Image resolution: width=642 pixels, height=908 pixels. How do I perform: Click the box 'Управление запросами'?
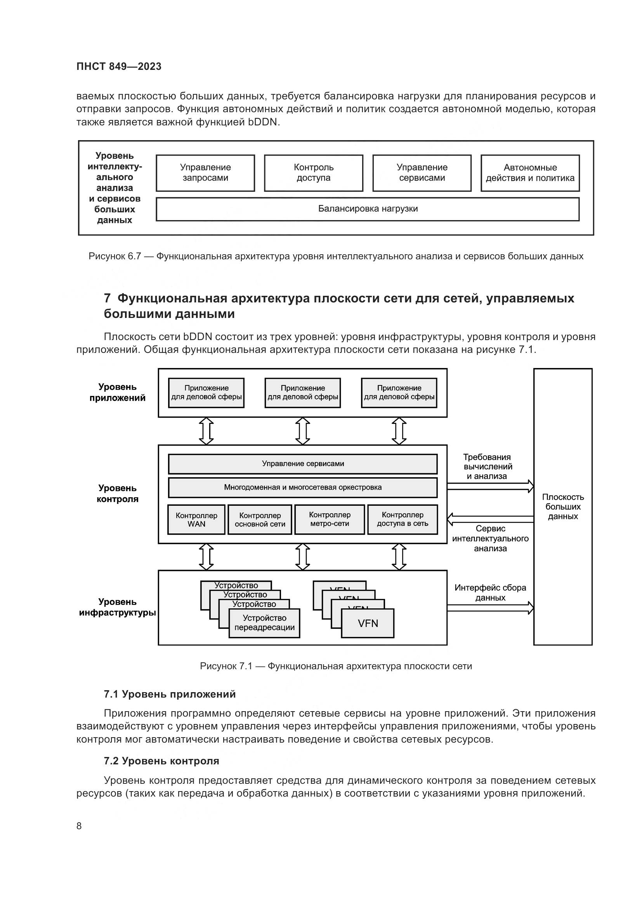[205, 173]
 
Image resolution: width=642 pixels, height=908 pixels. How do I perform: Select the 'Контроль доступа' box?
[314, 173]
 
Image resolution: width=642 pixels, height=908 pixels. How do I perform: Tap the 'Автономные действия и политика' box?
[530, 173]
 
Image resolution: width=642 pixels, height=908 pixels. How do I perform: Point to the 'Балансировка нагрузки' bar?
[368, 209]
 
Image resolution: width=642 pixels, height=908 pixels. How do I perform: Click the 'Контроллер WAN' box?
[196, 520]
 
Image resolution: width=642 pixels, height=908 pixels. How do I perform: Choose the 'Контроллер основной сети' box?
[260, 520]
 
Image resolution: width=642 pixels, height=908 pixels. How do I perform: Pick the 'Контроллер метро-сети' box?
[330, 519]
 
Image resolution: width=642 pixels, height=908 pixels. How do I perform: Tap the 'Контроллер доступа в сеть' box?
[403, 519]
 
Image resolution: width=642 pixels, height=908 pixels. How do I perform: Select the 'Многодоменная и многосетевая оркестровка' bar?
[303, 487]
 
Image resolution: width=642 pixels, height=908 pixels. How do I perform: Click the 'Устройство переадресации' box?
[264, 622]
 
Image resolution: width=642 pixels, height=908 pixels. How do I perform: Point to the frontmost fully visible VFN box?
[368, 623]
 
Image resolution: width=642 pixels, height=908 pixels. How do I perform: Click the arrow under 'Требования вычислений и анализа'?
[490, 486]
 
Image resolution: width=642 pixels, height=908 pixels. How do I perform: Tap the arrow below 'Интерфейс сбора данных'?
[490, 608]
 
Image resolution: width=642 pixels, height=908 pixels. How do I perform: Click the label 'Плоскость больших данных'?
[562, 507]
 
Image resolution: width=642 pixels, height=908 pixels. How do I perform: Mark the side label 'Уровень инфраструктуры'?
[117, 607]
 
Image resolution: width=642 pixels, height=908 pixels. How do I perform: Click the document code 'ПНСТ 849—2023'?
[119, 66]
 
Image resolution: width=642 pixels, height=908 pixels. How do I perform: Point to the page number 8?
[79, 826]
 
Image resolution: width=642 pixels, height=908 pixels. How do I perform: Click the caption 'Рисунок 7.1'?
[226, 666]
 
